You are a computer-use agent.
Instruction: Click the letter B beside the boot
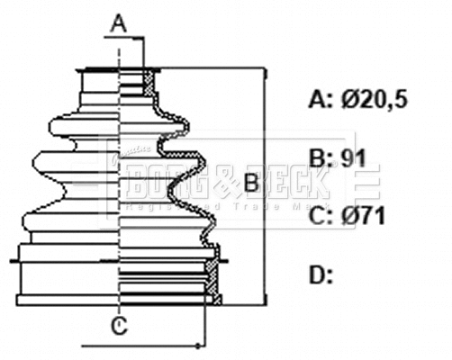(252, 184)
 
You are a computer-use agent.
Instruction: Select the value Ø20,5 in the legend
(374, 99)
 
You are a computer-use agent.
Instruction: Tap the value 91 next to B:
(353, 160)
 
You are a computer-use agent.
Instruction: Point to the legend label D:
(321, 274)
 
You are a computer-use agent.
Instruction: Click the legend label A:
(321, 99)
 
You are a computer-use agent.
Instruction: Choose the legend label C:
(321, 216)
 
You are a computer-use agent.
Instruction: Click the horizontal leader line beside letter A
(131, 39)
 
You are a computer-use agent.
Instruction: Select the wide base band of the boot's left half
(68, 274)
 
